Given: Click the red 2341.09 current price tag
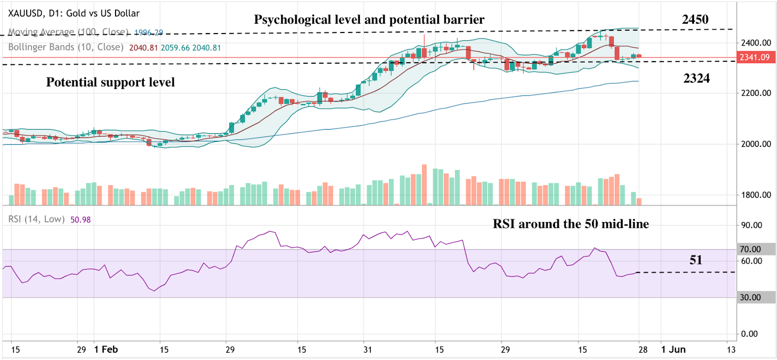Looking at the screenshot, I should pos(755,57).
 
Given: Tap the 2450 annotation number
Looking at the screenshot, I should pos(695,19).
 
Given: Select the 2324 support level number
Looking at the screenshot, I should pos(696,78).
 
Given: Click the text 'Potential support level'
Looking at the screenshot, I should pos(110,82).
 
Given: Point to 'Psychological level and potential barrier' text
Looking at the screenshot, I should pos(369,19).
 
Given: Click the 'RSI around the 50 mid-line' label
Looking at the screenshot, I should pos(571,224).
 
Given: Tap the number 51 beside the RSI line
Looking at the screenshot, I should pos(696,260).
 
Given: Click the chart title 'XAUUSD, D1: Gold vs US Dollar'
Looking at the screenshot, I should pos(74,13).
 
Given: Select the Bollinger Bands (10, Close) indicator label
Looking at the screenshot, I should pos(66,47).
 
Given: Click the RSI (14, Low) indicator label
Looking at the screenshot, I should pos(36,219).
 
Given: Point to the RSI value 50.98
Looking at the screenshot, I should pos(81,220).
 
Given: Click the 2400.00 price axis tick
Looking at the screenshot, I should pos(756,43).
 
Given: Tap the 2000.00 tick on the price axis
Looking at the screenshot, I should pos(756,144).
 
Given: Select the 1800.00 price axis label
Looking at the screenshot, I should pos(756,195).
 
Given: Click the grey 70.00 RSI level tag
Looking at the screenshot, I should pos(750,249).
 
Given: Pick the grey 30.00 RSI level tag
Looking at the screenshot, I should pos(750,297).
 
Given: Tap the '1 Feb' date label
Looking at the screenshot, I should pos(106,349).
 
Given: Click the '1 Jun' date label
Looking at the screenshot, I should pos(673,349).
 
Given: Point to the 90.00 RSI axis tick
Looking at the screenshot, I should pos(751,225).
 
